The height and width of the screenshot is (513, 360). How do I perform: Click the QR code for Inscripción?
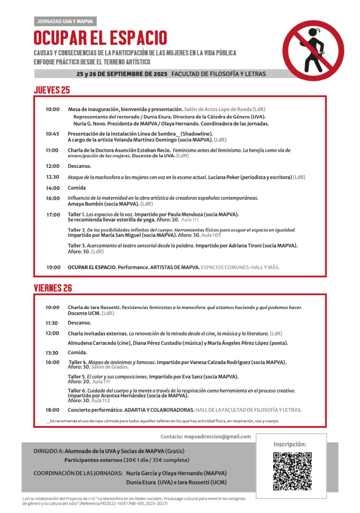point(292,470)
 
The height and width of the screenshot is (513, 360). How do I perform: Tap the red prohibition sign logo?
point(313,51)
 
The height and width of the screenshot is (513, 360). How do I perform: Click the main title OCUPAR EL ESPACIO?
point(101,38)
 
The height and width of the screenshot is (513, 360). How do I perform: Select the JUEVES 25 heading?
point(52,90)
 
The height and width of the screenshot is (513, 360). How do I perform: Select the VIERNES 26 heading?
point(53,288)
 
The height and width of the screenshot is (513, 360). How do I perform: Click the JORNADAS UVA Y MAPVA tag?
point(65,22)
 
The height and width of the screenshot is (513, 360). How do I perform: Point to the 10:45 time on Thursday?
point(52,134)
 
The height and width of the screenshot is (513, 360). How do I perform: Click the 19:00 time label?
point(53,268)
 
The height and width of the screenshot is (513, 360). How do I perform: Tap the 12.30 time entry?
point(53,177)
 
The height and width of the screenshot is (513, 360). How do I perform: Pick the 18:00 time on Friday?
point(52,410)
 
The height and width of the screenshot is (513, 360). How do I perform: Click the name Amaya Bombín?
point(86,204)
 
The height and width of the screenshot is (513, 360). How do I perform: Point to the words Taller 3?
point(77,245)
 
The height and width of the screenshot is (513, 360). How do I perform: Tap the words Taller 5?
point(77,376)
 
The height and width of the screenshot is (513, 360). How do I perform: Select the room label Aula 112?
point(101,400)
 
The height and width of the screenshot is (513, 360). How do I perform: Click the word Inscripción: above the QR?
point(290,444)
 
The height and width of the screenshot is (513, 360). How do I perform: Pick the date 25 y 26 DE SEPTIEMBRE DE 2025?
point(122,74)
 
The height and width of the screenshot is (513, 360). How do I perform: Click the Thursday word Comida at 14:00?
point(77,188)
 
